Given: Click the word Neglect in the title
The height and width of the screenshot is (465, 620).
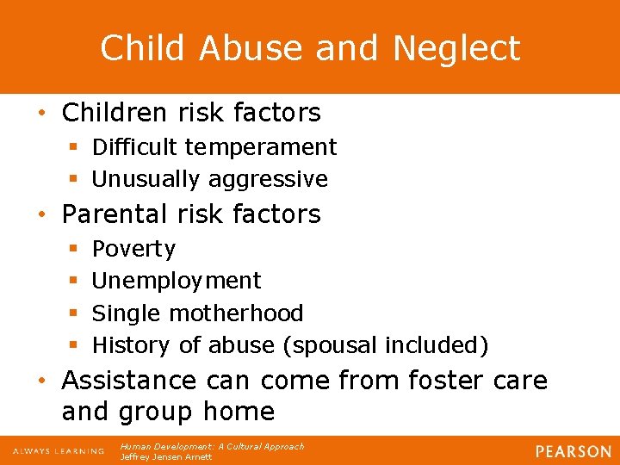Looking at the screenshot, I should tap(456, 48).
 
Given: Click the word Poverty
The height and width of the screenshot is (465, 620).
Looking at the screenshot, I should tap(133, 249).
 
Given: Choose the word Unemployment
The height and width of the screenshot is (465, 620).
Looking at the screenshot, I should tap(177, 281).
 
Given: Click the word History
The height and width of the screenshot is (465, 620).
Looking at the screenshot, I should tap(133, 345).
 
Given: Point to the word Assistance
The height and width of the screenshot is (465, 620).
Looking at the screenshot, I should tap(130, 380).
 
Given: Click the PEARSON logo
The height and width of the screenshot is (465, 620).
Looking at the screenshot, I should tap(572, 451).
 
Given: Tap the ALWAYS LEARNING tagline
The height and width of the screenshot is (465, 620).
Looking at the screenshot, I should tap(58, 451).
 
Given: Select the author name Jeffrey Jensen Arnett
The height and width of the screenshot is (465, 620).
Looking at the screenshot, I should tap(166, 456).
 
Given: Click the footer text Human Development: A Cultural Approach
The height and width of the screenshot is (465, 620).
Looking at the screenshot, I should tap(212, 446).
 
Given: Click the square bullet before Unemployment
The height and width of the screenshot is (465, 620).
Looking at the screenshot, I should tap(74, 281).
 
